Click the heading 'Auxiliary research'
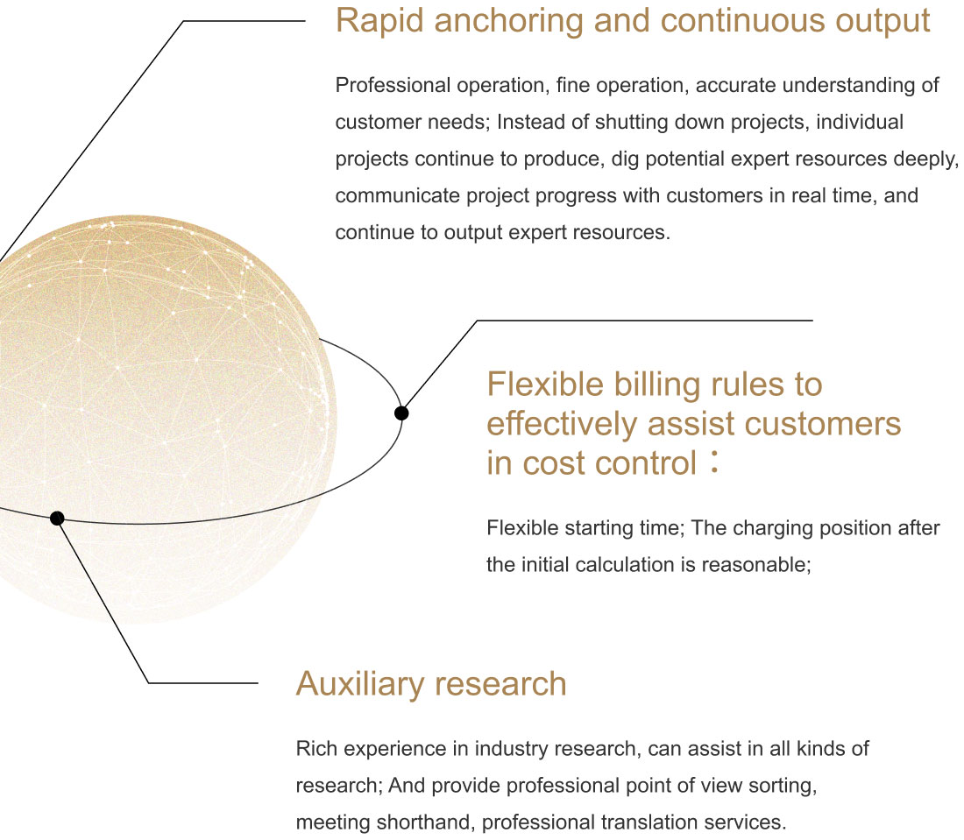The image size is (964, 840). (431, 684)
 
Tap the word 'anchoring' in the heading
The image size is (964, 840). (508, 22)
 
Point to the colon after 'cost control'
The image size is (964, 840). (713, 462)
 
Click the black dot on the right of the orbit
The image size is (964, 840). (401, 413)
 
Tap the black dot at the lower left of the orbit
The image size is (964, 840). (57, 518)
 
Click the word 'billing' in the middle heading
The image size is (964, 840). (657, 385)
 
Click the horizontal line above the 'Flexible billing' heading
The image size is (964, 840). (645, 321)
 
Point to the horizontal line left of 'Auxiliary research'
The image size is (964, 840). (203, 682)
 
